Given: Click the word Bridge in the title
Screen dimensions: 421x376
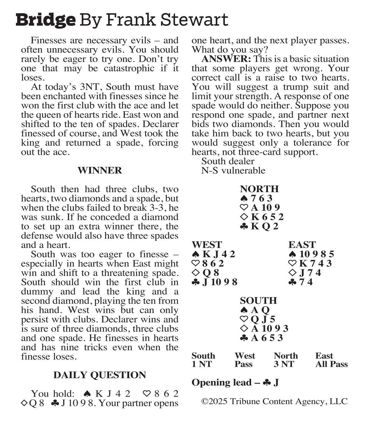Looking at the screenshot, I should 45,20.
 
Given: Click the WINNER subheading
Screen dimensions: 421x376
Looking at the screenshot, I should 100,170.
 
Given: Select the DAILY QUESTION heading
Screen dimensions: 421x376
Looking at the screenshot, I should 100,375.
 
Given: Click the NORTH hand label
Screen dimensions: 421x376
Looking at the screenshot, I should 259,189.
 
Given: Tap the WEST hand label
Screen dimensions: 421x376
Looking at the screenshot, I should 207,245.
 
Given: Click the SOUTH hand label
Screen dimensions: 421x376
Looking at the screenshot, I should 258,301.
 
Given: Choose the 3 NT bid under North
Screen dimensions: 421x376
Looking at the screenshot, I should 284,364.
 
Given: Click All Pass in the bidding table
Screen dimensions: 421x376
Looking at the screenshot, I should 331,364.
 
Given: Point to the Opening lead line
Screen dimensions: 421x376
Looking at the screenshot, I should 235,382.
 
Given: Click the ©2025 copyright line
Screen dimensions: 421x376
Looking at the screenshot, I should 274,401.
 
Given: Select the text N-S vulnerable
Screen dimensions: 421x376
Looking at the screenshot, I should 233,170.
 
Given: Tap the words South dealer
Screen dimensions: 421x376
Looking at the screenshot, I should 228,161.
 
